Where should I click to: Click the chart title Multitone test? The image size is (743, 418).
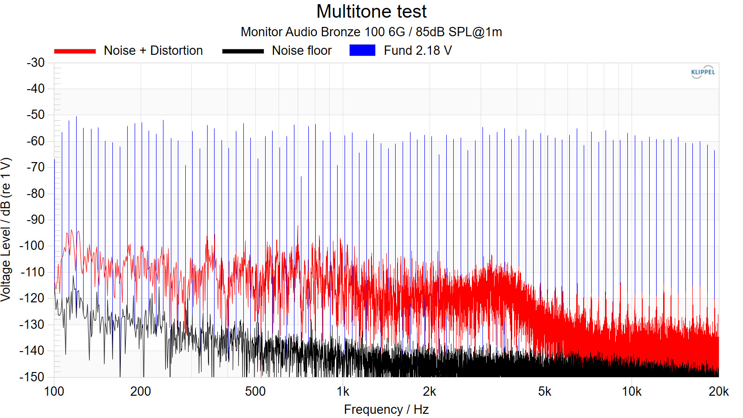pos(371,12)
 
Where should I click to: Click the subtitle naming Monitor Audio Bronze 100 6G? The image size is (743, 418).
pos(371,32)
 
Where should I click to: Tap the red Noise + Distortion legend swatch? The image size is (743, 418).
pos(75,51)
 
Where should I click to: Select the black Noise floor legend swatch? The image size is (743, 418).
pos(243,51)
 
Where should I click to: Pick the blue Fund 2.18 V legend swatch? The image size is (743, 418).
pos(362,51)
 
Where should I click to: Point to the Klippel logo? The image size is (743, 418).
pos(703,72)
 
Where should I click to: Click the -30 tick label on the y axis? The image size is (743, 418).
pos(36,63)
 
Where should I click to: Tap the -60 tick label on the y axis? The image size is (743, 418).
pos(36,141)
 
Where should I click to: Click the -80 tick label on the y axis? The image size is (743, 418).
pos(36,194)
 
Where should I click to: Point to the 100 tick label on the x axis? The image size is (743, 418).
pos(54,392)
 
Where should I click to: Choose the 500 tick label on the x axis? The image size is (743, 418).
pos(255,392)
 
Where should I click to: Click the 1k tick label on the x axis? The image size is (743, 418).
pos(343,392)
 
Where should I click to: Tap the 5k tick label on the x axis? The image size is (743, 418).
pos(544,392)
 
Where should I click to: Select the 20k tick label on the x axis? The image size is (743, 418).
pos(718,392)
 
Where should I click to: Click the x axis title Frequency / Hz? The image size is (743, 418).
pos(386,410)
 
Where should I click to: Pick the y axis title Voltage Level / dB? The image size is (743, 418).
pos(6,230)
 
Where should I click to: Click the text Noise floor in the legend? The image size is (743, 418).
pos(302,51)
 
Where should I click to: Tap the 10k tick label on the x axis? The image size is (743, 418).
pos(632,392)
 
